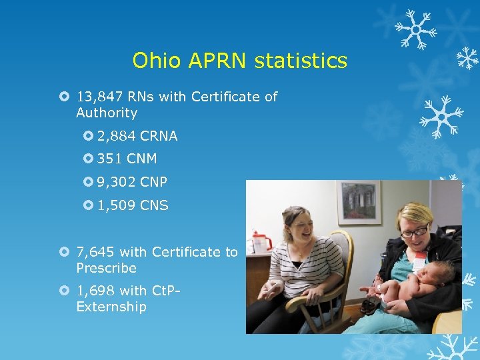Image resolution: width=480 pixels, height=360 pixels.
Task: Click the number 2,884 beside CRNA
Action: tap(117, 136)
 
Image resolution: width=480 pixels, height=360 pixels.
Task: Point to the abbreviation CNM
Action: tap(141, 159)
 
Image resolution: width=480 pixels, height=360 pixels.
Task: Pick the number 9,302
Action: tap(117, 182)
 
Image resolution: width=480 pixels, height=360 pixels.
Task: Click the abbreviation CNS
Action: tap(154, 205)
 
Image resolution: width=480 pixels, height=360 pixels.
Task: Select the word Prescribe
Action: tap(106, 268)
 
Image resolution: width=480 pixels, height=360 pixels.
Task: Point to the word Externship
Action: tap(111, 307)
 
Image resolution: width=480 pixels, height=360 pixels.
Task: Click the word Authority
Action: tap(107, 113)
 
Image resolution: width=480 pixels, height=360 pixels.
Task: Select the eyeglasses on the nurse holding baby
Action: tap(414, 231)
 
